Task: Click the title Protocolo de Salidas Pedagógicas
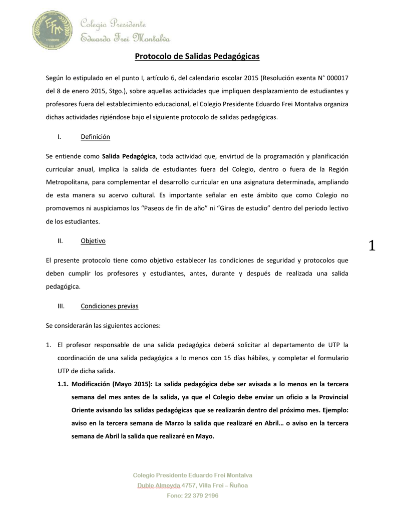(x=197, y=57)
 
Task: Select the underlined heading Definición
(x=95, y=137)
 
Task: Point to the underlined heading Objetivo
(x=93, y=241)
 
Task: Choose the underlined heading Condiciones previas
(x=110, y=306)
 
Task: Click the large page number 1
(x=371, y=245)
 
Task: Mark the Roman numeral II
(x=60, y=241)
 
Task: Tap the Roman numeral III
(x=61, y=306)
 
